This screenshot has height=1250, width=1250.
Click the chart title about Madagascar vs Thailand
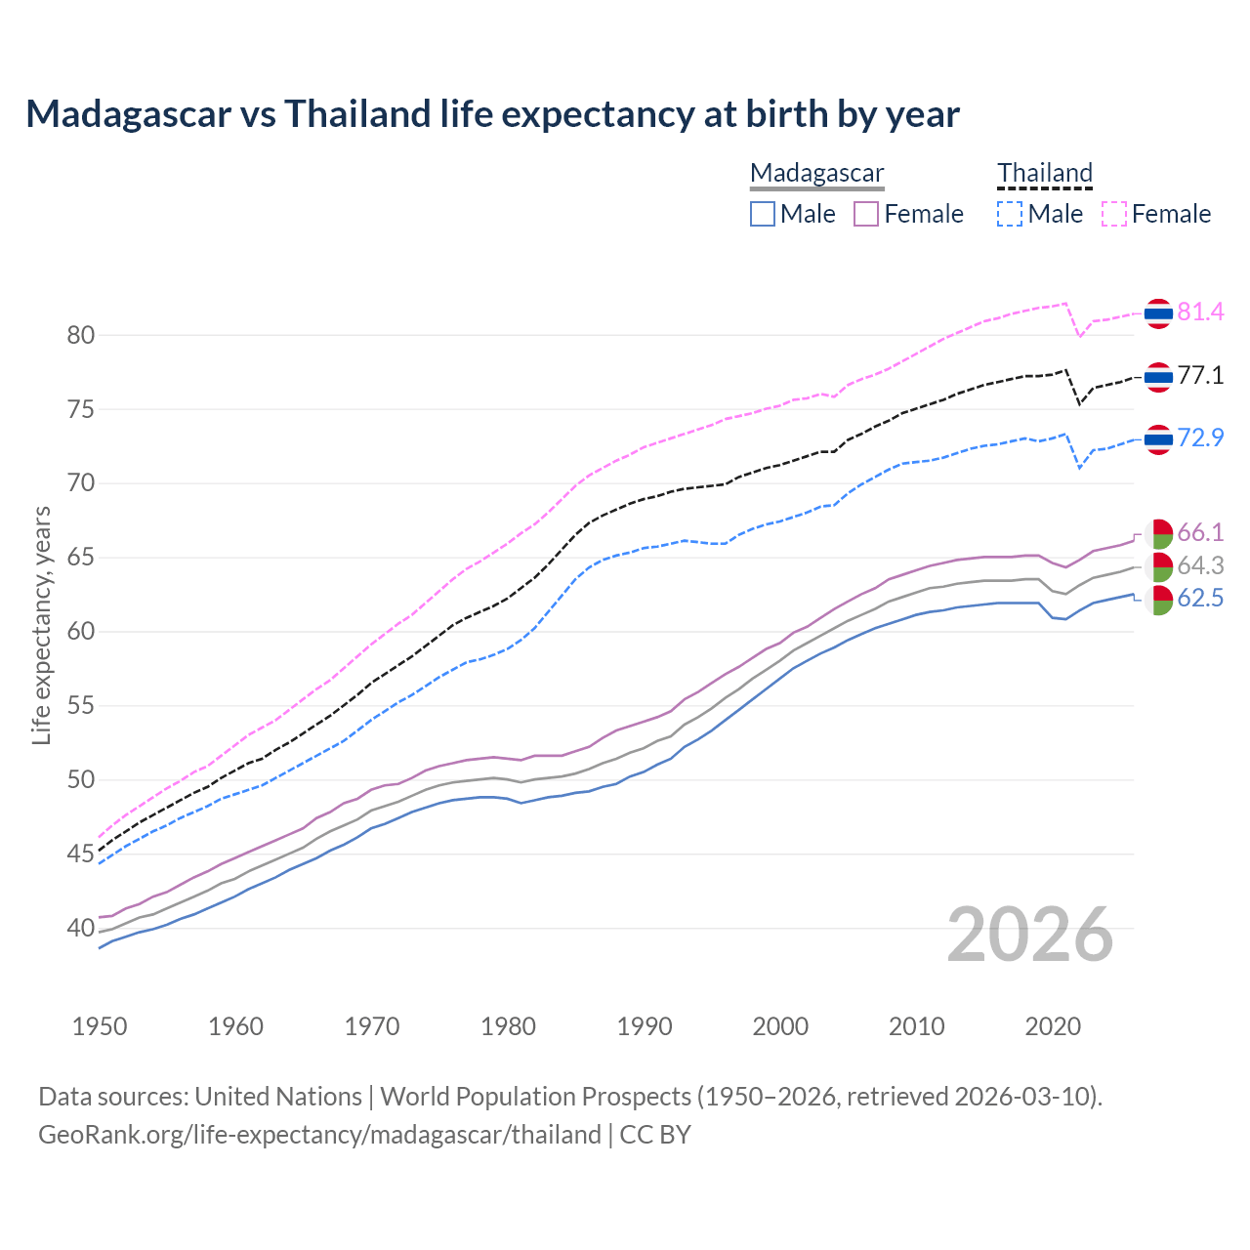pos(492,114)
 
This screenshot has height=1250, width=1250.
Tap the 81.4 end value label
pos(1200,312)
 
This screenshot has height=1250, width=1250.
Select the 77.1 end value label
pos(1200,376)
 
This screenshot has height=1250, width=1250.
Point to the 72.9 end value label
pos(1200,438)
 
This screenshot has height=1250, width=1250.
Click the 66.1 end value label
pos(1200,533)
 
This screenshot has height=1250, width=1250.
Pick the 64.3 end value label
pos(1200,566)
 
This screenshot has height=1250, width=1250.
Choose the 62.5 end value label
pos(1200,599)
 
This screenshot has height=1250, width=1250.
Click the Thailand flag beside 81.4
pos(1158,313)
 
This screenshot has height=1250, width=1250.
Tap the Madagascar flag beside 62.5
pos(1159,600)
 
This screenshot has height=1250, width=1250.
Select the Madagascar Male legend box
pos(763,214)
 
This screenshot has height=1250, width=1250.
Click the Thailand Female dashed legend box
pos(1114,214)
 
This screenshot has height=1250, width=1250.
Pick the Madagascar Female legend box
pos(867,214)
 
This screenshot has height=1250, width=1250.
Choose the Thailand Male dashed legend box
pos(1010,214)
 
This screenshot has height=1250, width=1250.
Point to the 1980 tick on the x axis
pos(508,1026)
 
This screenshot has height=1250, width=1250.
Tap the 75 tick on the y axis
pos(80,410)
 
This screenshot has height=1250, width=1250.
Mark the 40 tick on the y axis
pos(80,929)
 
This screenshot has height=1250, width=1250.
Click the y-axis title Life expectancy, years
pos(41,625)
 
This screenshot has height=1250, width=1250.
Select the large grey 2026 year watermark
pos(1029,935)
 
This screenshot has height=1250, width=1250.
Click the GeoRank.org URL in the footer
pos(319,1135)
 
